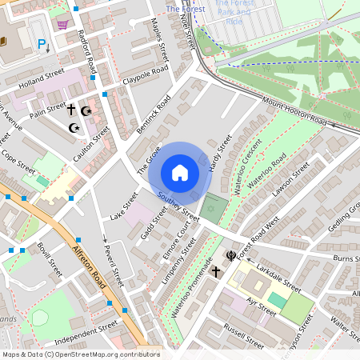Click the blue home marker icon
180,173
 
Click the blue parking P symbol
42,45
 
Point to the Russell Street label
244,336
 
